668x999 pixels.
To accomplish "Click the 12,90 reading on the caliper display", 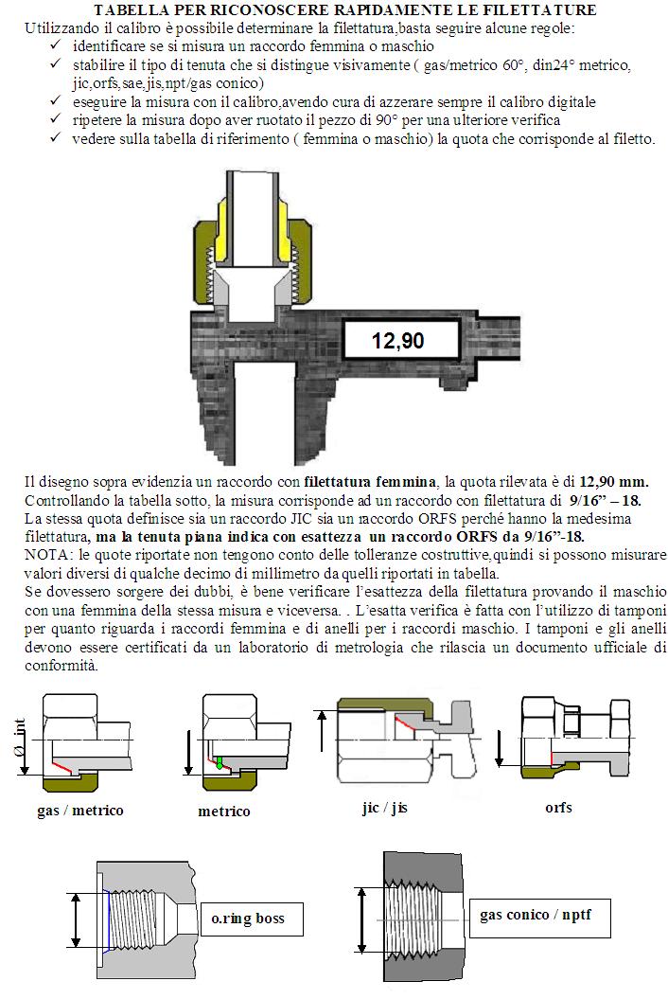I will pyautogui.click(x=397, y=339).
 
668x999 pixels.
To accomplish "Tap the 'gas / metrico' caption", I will pyautogui.click(x=80, y=811).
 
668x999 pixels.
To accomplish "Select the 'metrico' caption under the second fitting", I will pyautogui.click(x=224, y=812).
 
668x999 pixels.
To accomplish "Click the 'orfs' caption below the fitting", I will pyautogui.click(x=558, y=808).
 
